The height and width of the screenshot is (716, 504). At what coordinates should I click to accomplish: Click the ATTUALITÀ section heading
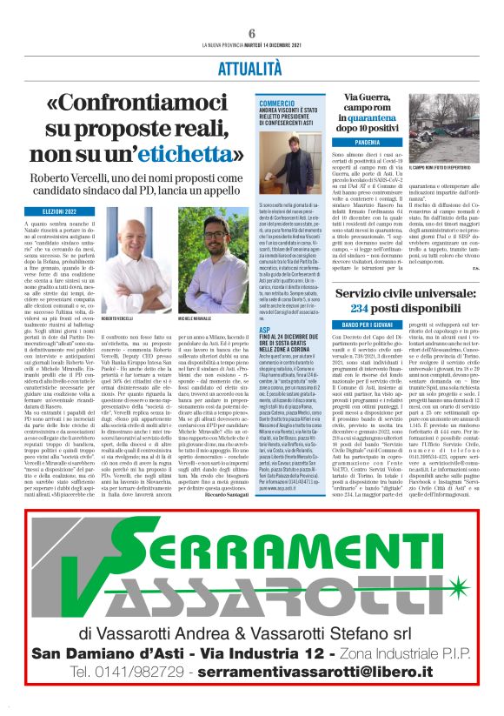tap(252, 67)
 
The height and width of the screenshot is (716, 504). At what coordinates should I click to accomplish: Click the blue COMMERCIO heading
tap(278, 104)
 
